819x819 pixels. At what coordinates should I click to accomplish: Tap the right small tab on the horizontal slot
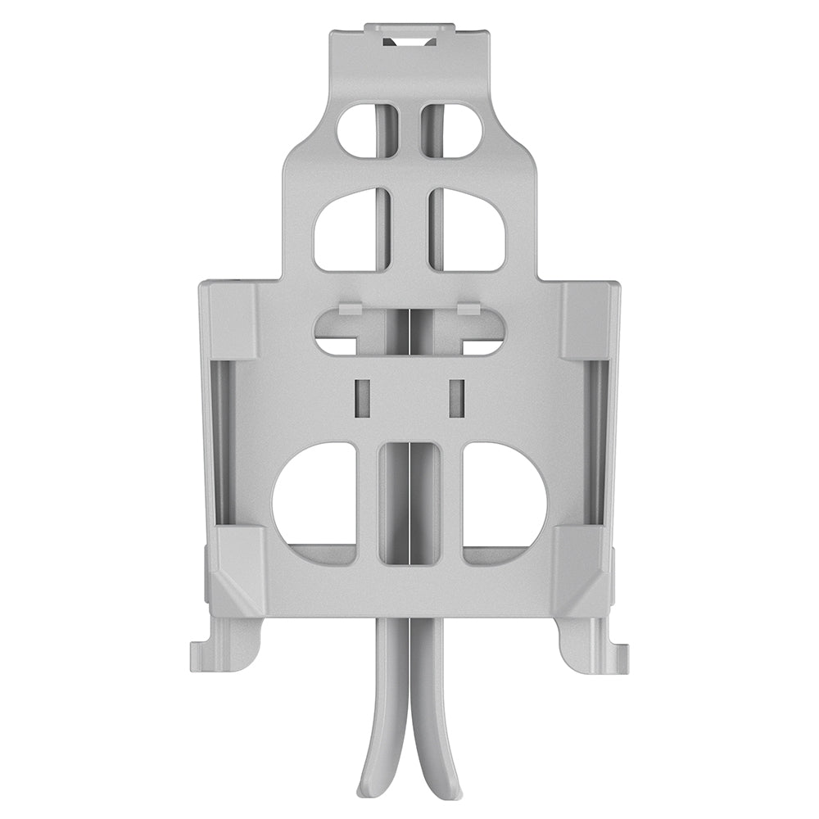coord(469,309)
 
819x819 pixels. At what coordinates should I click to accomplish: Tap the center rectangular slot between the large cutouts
coord(409,503)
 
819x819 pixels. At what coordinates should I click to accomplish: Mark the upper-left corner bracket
coord(229,320)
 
